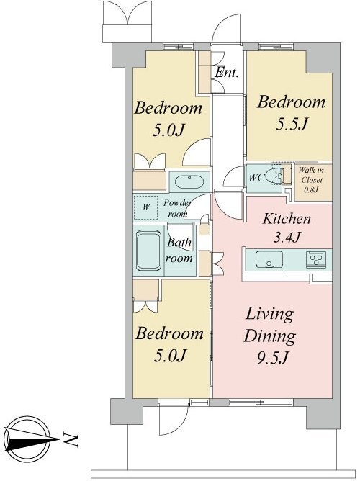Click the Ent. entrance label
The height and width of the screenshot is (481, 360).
227,73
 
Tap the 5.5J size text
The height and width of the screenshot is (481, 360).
292,124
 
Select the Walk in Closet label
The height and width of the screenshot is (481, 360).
311,180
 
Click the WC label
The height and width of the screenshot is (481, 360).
256,178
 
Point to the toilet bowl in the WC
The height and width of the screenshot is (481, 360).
273,176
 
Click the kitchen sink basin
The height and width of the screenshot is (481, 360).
269,259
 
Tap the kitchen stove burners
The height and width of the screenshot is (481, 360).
316,259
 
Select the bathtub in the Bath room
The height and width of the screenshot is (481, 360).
148,251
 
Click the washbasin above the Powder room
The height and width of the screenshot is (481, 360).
189,182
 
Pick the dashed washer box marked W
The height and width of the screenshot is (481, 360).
146,207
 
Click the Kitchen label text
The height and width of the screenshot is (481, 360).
287,219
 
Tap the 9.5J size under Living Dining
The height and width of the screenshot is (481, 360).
272,358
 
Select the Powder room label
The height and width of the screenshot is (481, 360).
178,208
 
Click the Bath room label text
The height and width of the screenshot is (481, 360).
179,251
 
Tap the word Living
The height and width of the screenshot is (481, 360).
269,315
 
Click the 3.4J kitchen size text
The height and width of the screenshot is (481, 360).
287,237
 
